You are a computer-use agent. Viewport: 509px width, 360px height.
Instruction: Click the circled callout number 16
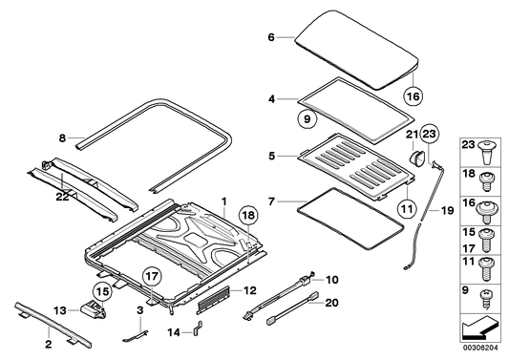click(x=414, y=96)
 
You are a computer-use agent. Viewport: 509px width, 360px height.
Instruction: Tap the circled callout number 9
click(x=308, y=119)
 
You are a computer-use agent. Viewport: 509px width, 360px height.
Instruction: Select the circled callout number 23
click(x=430, y=134)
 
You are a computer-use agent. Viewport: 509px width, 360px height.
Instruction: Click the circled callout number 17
click(x=153, y=277)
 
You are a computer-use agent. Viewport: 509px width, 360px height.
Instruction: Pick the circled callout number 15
click(x=102, y=291)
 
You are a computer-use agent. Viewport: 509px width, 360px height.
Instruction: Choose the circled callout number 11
click(x=407, y=208)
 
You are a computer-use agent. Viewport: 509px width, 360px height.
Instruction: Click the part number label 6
click(x=271, y=37)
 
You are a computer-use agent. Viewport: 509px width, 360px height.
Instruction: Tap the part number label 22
click(x=62, y=197)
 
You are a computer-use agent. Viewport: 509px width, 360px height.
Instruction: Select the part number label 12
click(x=249, y=290)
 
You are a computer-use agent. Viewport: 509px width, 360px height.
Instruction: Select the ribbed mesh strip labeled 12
click(x=213, y=300)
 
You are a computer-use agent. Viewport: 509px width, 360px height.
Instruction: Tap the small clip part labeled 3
click(x=136, y=336)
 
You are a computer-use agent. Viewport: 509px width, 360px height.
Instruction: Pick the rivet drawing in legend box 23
click(x=486, y=152)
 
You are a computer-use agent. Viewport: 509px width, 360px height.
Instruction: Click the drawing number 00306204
click(x=480, y=348)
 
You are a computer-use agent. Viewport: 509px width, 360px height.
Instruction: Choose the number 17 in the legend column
click(x=469, y=248)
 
